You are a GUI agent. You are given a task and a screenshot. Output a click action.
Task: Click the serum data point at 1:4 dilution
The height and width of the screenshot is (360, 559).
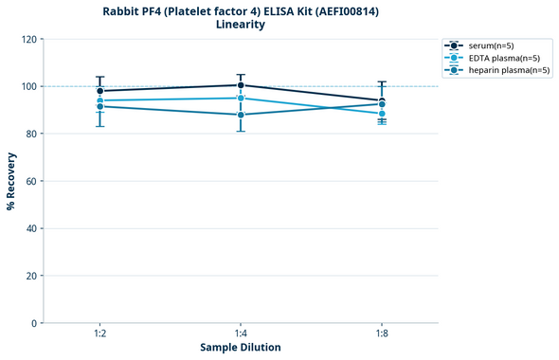tap(241, 85)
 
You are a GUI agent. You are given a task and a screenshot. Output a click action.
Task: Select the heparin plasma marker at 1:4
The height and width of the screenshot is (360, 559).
tap(241, 115)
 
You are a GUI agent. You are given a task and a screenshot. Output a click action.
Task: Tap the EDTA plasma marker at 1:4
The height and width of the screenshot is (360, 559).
tap(241, 98)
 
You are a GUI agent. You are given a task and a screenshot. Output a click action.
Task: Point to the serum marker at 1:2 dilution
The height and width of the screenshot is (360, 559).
tap(99, 91)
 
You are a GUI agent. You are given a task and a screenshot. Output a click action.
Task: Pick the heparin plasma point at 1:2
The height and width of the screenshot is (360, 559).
tap(99, 106)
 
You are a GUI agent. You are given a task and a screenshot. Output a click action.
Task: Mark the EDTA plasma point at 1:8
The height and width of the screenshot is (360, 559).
tap(382, 114)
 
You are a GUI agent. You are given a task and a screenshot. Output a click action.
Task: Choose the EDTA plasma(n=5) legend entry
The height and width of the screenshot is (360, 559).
tap(502, 58)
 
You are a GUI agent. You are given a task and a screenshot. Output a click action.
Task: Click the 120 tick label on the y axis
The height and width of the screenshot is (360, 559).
tap(28, 39)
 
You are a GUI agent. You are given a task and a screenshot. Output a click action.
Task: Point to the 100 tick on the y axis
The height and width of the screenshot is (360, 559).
tap(28, 86)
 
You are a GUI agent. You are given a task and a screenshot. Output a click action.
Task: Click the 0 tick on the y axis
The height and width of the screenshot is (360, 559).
tap(34, 323)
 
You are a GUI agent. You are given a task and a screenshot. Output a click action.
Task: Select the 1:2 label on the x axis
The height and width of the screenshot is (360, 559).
tap(99, 334)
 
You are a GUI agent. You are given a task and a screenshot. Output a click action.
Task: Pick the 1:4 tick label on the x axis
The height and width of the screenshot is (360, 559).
tap(241, 334)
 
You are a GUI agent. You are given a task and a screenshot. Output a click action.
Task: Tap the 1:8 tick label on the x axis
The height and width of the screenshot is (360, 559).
tap(382, 334)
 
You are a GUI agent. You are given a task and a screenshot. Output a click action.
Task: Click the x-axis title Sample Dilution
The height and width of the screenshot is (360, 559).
tap(241, 348)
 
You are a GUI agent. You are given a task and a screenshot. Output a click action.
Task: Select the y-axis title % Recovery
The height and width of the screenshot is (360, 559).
tap(11, 181)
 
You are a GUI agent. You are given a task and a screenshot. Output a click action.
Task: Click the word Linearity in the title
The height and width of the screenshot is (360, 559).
tap(241, 25)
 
